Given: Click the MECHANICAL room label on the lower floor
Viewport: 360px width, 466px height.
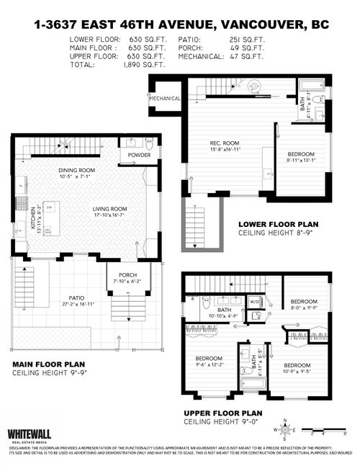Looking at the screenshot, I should [x=165, y=99].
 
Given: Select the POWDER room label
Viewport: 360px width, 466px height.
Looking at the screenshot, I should [x=139, y=155].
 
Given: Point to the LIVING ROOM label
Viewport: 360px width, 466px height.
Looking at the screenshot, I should [x=109, y=210].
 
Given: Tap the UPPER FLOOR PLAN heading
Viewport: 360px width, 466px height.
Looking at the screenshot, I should [x=222, y=413].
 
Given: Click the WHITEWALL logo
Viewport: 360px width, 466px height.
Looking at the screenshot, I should [x=30, y=434].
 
